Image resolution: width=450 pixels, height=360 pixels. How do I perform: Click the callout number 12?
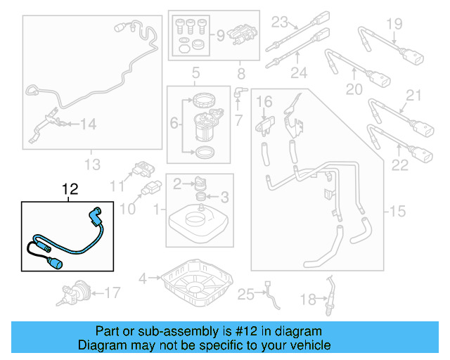click(70, 190)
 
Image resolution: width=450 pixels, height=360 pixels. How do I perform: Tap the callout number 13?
click(93, 165)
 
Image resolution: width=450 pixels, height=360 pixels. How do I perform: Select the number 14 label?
click(87, 124)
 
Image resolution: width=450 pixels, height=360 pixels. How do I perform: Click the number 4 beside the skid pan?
click(143, 278)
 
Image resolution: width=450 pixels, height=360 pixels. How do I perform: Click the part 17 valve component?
click(75, 291)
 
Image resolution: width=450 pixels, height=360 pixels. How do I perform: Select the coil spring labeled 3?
click(198, 197)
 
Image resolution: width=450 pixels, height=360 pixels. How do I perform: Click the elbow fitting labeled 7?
click(240, 91)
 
